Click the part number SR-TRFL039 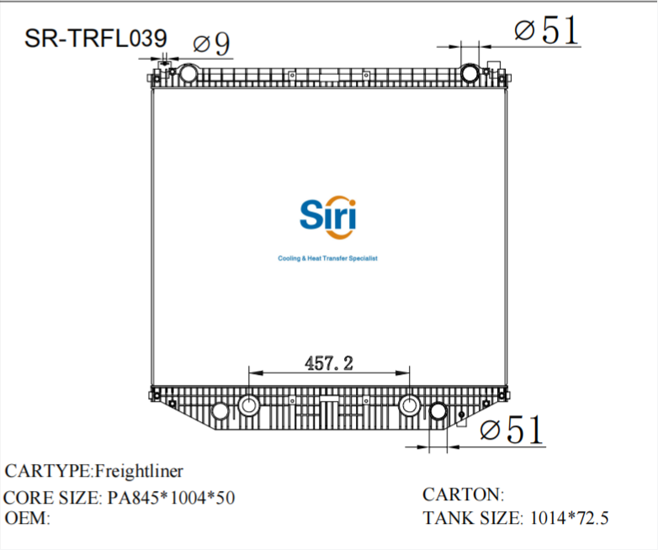95,39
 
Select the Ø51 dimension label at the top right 547,31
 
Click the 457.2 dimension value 327,363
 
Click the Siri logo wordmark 328,216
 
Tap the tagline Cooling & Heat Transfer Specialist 327,259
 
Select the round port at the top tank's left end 188,73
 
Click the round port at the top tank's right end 470,73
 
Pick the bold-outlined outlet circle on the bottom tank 438,412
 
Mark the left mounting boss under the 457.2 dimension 249,405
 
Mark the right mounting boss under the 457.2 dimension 410,405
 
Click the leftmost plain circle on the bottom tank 220,412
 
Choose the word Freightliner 138,470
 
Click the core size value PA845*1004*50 172,498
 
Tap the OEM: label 28,518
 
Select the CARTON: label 463,494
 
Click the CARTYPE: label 49,470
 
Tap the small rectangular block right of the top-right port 496,66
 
